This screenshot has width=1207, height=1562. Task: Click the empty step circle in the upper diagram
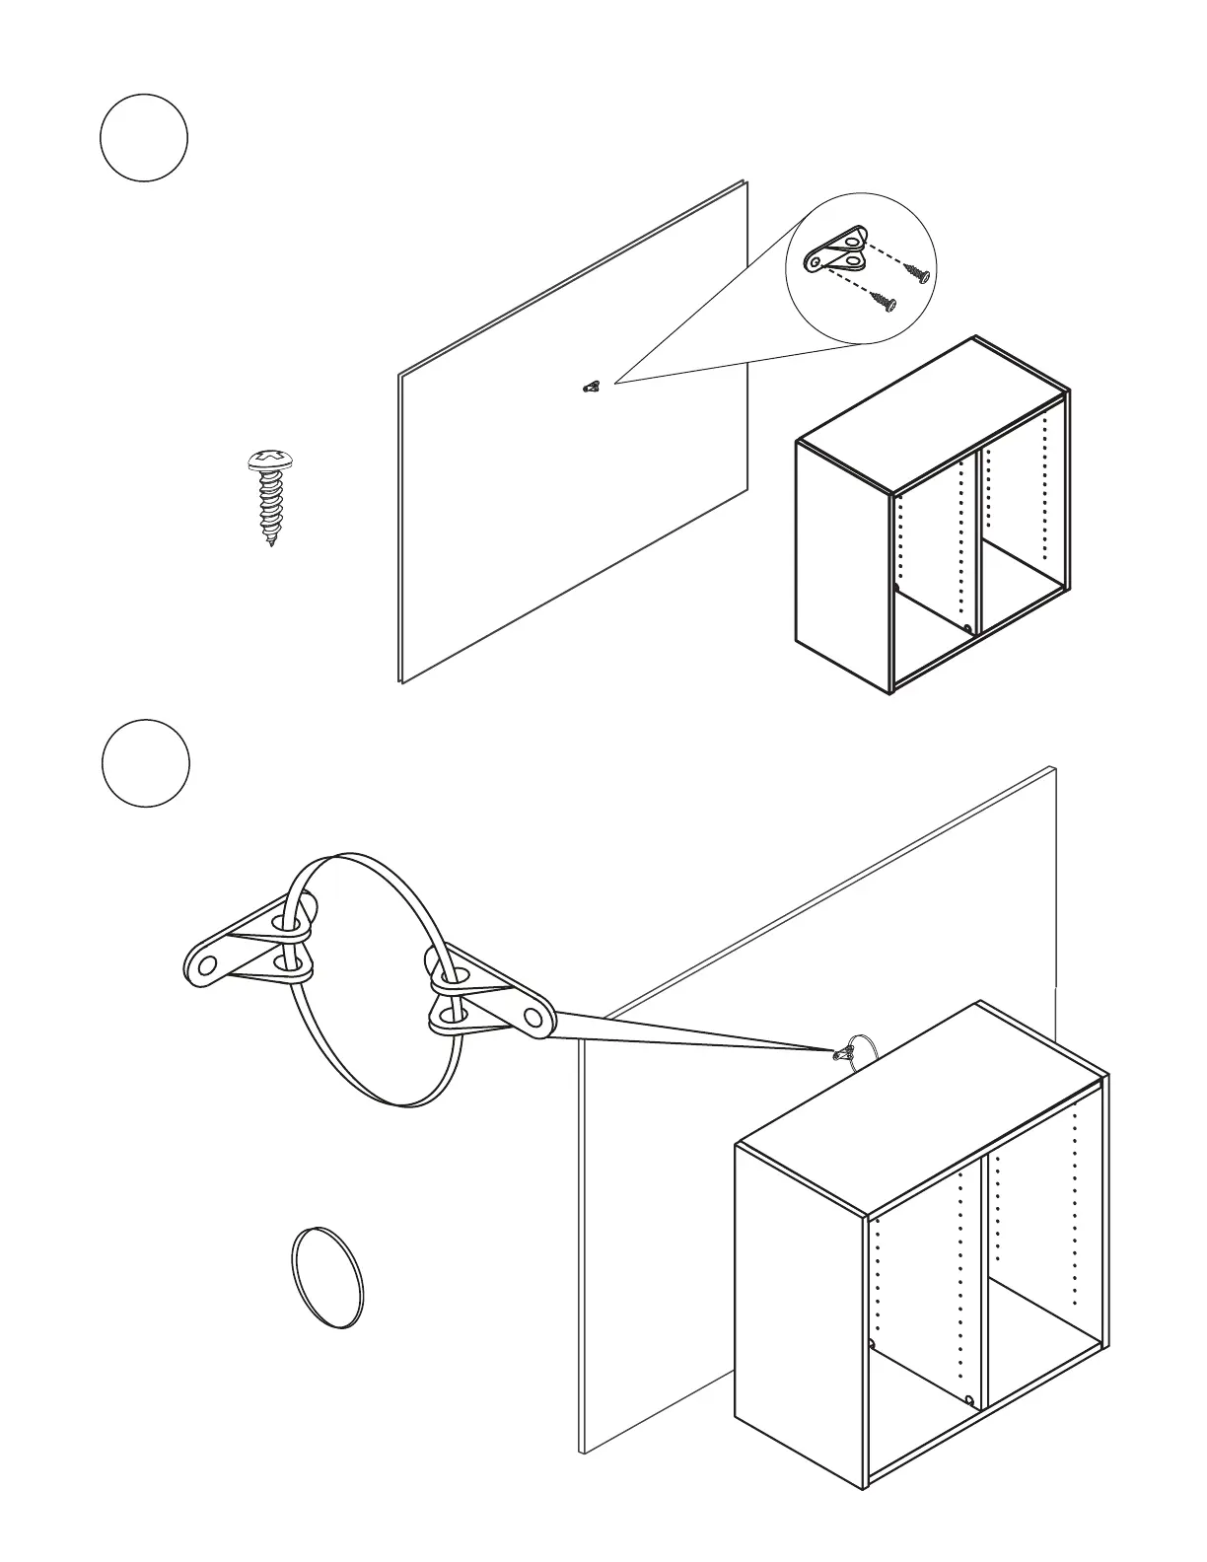click(144, 138)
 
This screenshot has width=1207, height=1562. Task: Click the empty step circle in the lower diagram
click(146, 763)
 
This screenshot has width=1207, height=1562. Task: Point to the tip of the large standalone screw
click(271, 542)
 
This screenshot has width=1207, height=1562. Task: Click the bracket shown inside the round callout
click(836, 250)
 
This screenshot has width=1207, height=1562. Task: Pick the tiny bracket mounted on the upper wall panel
click(591, 387)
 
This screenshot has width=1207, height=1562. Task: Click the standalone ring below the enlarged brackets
click(327, 1278)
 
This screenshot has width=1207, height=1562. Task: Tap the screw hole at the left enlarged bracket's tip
click(205, 965)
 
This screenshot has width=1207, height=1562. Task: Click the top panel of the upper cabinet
click(932, 414)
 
